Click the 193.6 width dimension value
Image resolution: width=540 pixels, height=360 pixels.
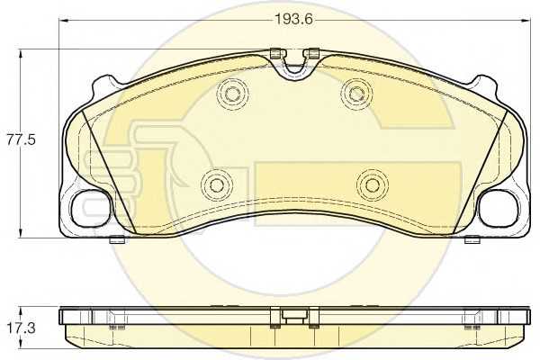point(293,19)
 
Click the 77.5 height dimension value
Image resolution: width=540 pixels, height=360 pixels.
point(22,140)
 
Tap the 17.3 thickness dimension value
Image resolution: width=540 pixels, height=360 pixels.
point(22,328)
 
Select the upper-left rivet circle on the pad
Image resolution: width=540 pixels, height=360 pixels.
point(232,93)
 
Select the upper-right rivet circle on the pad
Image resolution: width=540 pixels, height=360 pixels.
point(356,93)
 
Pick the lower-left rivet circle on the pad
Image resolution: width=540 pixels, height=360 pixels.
point(217,185)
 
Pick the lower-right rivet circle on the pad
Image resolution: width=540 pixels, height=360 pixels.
point(373,185)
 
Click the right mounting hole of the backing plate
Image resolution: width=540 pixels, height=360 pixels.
point(498,208)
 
